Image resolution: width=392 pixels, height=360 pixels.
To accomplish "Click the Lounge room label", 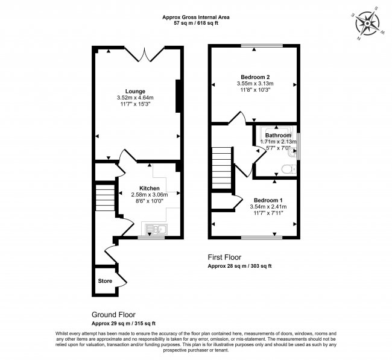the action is pos(135,92).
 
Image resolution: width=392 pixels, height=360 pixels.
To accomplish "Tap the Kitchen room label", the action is pos(149,189).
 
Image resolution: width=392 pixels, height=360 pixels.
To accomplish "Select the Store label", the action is pos(105,281).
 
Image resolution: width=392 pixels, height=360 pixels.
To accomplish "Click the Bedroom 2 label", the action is pos(255,77).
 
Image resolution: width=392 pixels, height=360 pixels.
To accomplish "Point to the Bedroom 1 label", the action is pos(268,200).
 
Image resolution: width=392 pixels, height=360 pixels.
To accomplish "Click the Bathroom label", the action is pos(278,135).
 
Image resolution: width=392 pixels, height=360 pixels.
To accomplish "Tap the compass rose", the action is pos(367,24).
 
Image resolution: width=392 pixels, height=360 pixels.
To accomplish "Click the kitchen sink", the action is pos(157,229).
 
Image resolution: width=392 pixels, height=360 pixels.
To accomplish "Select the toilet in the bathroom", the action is pos(289,169).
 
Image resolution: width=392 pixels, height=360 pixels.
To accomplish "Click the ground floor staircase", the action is pos(105,198).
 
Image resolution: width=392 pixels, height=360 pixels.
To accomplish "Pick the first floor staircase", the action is pos(221,168).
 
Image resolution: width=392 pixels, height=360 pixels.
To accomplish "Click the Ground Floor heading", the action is pos(113,315).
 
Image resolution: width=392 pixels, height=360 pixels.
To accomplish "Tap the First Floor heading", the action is pos(224,257).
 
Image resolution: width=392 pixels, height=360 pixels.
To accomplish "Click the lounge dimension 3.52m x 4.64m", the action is pos(135,98).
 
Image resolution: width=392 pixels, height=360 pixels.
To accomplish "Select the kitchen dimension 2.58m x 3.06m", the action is pos(149,195).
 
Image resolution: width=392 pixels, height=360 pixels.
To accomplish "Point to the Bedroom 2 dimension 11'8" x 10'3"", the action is pos(255,89).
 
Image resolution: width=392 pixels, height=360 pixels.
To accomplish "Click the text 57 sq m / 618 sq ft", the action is pos(196,24).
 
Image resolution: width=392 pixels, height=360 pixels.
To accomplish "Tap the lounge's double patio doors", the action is pos(145,54).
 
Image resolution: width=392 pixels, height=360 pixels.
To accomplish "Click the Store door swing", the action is pos(122,280).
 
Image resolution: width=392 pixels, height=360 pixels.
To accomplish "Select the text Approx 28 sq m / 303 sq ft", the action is pos(239,266).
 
